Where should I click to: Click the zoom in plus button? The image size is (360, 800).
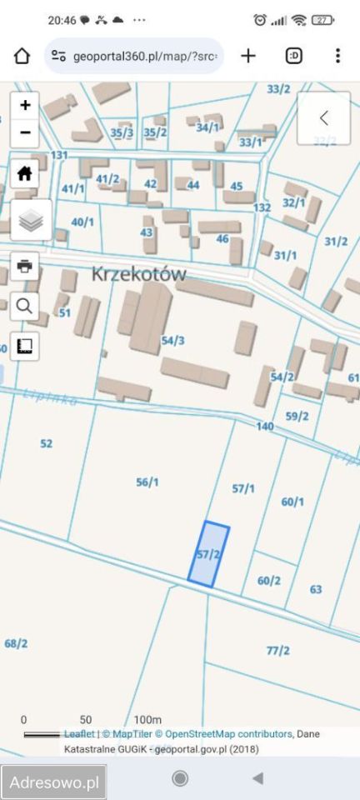click(25, 105)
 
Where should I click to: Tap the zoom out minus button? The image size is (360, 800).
click(25, 132)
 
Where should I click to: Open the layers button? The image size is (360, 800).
click(31, 221)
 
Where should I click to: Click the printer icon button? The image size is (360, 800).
click(25, 266)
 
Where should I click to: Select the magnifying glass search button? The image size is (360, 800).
click(25, 306)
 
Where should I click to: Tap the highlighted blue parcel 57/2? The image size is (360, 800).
click(208, 554)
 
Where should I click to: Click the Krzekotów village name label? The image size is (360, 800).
click(138, 274)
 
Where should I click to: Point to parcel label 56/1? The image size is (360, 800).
click(147, 482)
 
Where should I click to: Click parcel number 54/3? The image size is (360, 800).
click(173, 340)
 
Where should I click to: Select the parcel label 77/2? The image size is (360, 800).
click(277, 650)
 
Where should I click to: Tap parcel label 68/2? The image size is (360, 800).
click(16, 643)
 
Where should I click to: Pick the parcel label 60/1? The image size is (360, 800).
click(292, 502)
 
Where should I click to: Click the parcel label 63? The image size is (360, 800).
click(316, 589)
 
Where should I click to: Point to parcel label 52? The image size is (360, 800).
click(46, 444)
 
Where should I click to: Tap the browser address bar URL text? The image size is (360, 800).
click(146, 57)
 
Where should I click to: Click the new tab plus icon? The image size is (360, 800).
click(248, 56)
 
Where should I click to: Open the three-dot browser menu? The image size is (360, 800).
click(337, 56)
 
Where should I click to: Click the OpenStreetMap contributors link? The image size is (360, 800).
click(227, 734)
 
